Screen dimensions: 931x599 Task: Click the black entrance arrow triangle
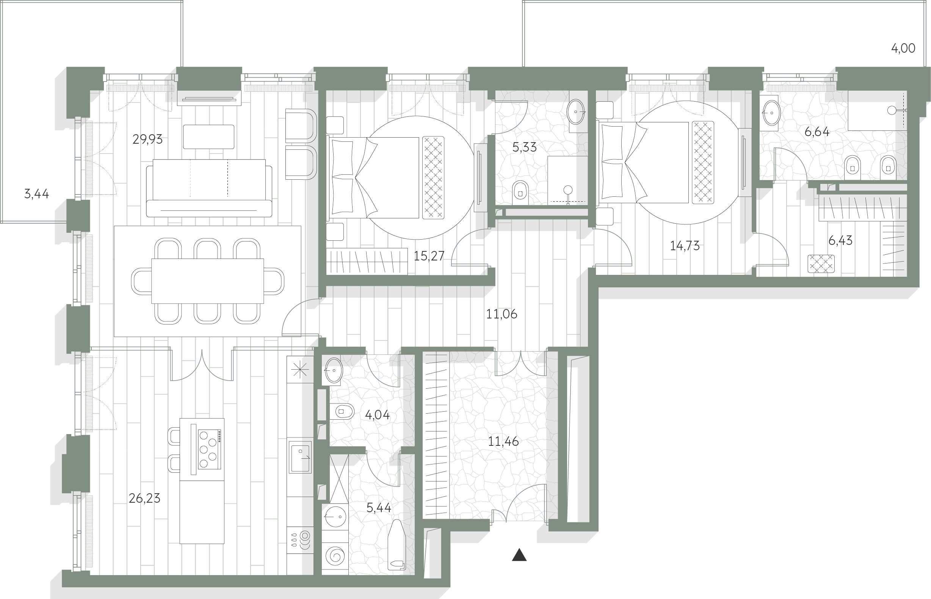click(x=519, y=555)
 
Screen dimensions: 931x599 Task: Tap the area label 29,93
click(x=147, y=139)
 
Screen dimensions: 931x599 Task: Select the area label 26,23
click(x=144, y=498)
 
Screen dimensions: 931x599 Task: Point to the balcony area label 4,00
click(x=903, y=48)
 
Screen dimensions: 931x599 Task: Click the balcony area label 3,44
click(x=36, y=194)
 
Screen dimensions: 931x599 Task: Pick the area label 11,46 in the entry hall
click(x=503, y=441)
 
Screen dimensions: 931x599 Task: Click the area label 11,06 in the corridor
click(x=502, y=314)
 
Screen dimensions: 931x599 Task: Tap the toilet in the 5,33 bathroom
click(x=521, y=193)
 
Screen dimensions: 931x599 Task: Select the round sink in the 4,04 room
click(x=333, y=370)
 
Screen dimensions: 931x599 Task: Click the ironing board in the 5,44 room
click(x=397, y=544)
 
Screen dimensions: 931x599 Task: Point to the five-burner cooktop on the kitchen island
click(x=209, y=449)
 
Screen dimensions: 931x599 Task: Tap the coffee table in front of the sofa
click(x=208, y=136)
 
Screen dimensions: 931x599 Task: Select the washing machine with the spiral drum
click(x=335, y=556)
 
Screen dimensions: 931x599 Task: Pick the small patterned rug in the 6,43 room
click(x=821, y=264)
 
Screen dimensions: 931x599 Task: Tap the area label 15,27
click(x=429, y=256)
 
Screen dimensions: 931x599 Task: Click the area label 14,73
click(x=685, y=246)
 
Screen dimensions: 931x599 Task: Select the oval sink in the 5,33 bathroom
click(x=575, y=111)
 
